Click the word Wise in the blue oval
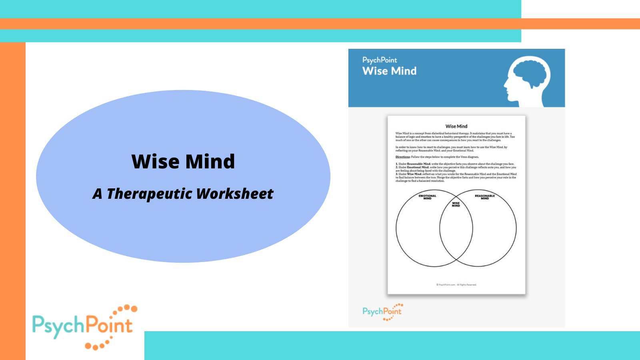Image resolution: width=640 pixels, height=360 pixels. point(156,162)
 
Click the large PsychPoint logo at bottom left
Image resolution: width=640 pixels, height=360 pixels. point(82,326)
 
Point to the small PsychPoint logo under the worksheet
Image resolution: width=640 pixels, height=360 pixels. point(382,312)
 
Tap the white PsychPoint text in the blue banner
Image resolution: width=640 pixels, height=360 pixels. point(380,60)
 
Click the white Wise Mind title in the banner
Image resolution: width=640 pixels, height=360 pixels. point(389,71)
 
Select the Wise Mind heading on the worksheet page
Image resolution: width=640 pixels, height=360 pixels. point(456,126)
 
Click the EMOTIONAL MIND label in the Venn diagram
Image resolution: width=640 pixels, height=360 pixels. point(427,197)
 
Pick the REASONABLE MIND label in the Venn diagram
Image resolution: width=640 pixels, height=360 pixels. point(484,197)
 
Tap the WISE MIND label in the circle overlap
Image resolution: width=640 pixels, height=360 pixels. point(456,204)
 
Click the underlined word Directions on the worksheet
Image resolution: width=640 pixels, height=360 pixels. point(403,157)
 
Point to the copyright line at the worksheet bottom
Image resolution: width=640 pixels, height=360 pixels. point(456,285)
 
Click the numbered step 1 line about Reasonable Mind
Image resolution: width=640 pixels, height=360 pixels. point(455,164)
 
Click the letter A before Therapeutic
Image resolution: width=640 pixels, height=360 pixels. point(97,194)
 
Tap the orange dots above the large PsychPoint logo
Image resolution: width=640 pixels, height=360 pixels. point(125,309)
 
